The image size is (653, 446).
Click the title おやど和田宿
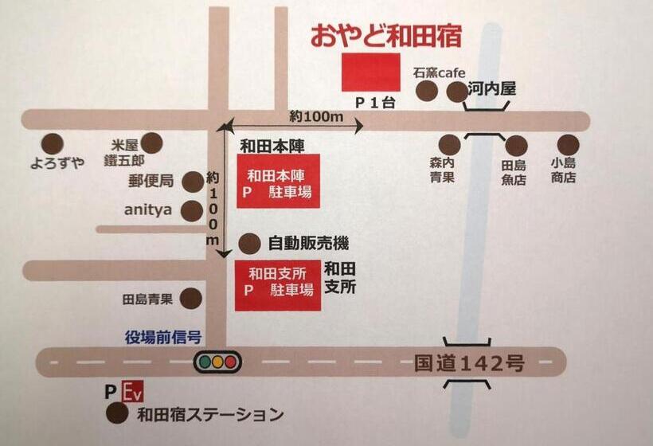coord(385,36)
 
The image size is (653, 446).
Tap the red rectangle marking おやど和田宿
coord(370,72)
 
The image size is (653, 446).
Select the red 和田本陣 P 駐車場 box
coord(278,181)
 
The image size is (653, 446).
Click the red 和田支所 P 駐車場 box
coord(278,287)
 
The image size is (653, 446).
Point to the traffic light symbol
coord(217,362)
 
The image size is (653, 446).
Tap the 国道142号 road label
coord(469,363)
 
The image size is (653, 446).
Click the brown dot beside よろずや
coord(53,143)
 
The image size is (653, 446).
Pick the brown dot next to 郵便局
coord(193,182)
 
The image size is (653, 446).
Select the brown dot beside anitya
coord(192,211)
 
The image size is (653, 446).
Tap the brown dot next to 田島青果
coord(191,299)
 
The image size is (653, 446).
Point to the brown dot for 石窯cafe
coord(427,91)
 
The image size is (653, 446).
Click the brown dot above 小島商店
coord(568,144)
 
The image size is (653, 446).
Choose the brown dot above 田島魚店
coord(516,146)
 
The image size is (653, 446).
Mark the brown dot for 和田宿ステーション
coord(117,413)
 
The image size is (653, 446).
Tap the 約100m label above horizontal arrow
coord(316,116)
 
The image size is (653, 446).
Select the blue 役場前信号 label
coord(162,337)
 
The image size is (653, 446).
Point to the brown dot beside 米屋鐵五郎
coord(151,143)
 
